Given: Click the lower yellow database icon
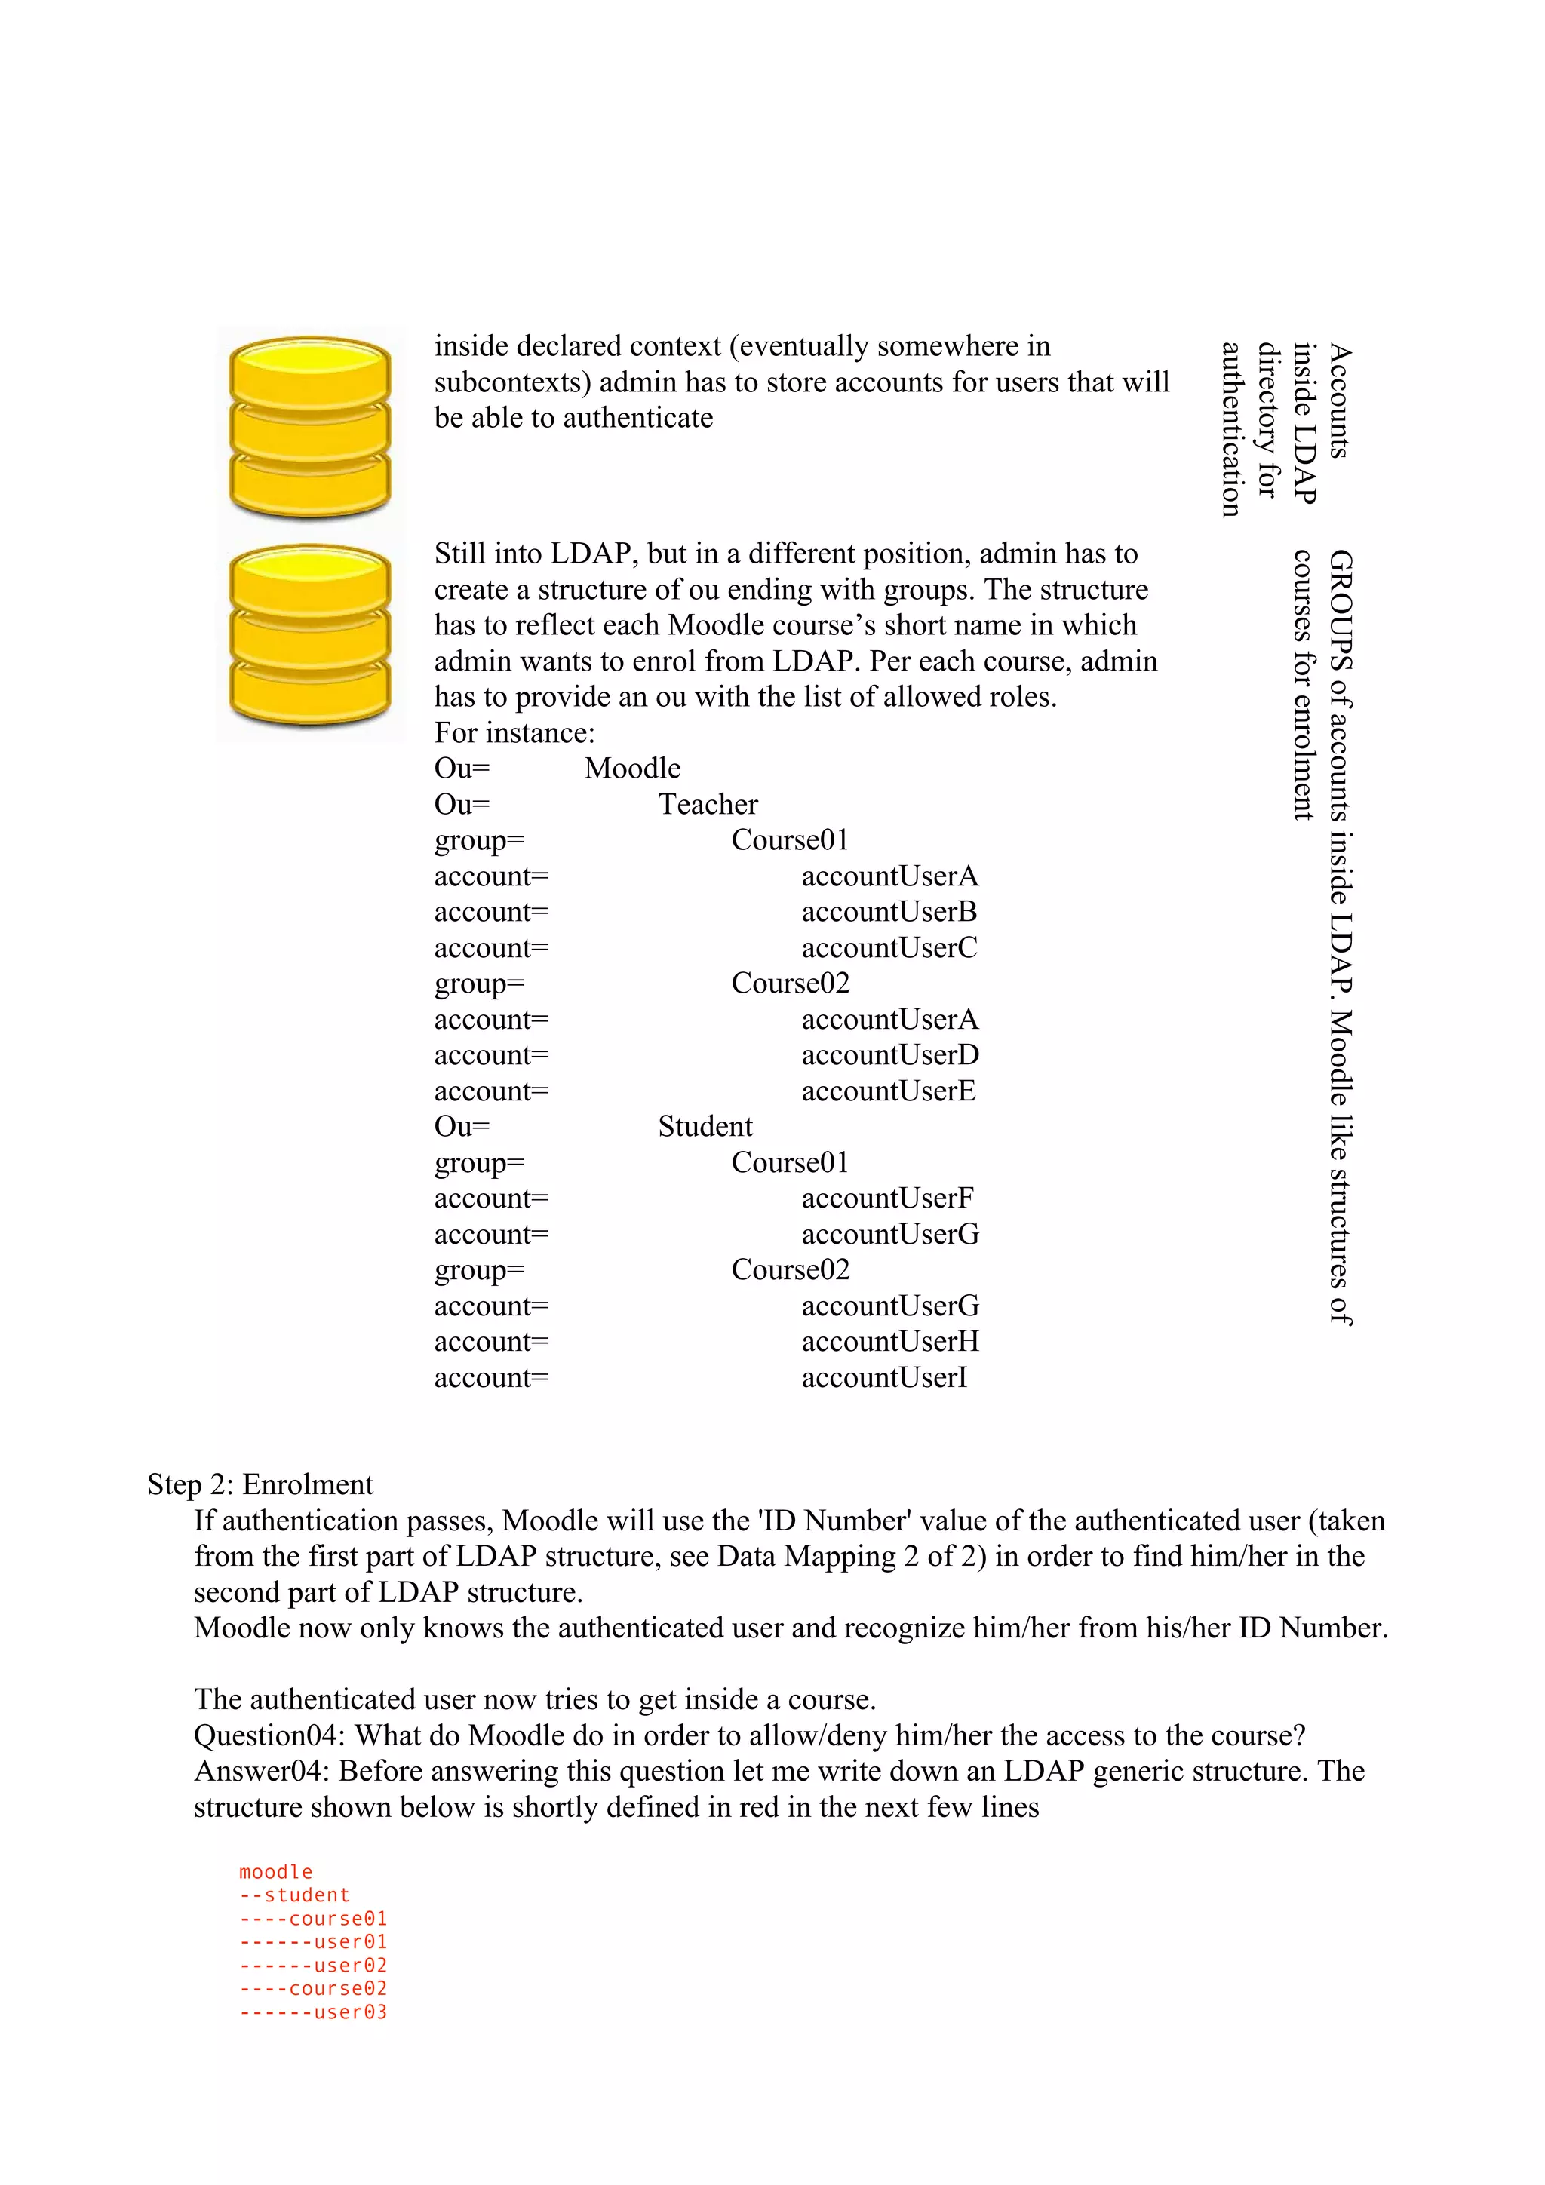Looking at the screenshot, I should point(310,635).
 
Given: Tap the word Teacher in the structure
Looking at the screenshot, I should point(708,804).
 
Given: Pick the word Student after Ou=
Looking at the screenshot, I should point(705,1127).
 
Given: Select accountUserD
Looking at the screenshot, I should point(889,1055).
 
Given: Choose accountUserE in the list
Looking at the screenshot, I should point(887,1091).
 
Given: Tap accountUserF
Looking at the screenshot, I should point(886,1198).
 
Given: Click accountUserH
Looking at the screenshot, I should point(889,1342).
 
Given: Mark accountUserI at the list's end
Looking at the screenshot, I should point(883,1378).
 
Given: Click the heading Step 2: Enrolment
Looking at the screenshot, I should point(260,1484).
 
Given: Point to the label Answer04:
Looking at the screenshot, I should point(262,1771).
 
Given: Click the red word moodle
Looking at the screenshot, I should point(275,1872).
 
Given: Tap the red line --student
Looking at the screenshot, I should point(294,1895).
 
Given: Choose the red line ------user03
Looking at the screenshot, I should point(313,2012).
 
